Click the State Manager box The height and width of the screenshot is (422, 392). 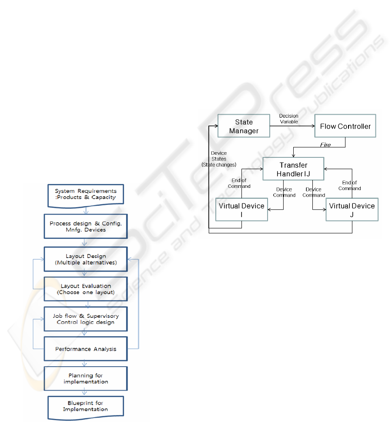[x=244, y=126]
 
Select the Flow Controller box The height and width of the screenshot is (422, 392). [x=345, y=126]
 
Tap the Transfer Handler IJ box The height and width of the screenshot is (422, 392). [x=293, y=169]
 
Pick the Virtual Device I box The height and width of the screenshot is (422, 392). [x=241, y=210]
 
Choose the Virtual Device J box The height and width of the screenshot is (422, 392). [x=352, y=210]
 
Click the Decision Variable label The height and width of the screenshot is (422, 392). [x=289, y=119]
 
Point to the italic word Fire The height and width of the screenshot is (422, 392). [x=325, y=145]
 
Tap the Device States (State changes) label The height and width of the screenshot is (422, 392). [x=219, y=159]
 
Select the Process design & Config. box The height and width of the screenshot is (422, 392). [x=86, y=226]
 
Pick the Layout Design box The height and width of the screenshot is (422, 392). [x=86, y=259]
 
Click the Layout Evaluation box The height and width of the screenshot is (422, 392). [x=86, y=289]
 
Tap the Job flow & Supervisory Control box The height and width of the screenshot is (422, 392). [x=86, y=319]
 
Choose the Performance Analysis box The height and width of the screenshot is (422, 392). [x=86, y=349]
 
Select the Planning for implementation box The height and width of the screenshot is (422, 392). [x=86, y=379]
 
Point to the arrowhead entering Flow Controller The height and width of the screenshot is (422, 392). [x=313, y=126]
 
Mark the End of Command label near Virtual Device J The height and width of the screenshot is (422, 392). [x=349, y=185]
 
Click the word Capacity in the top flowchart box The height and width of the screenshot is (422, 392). [x=104, y=197]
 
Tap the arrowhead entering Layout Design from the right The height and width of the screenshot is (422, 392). [x=130, y=259]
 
